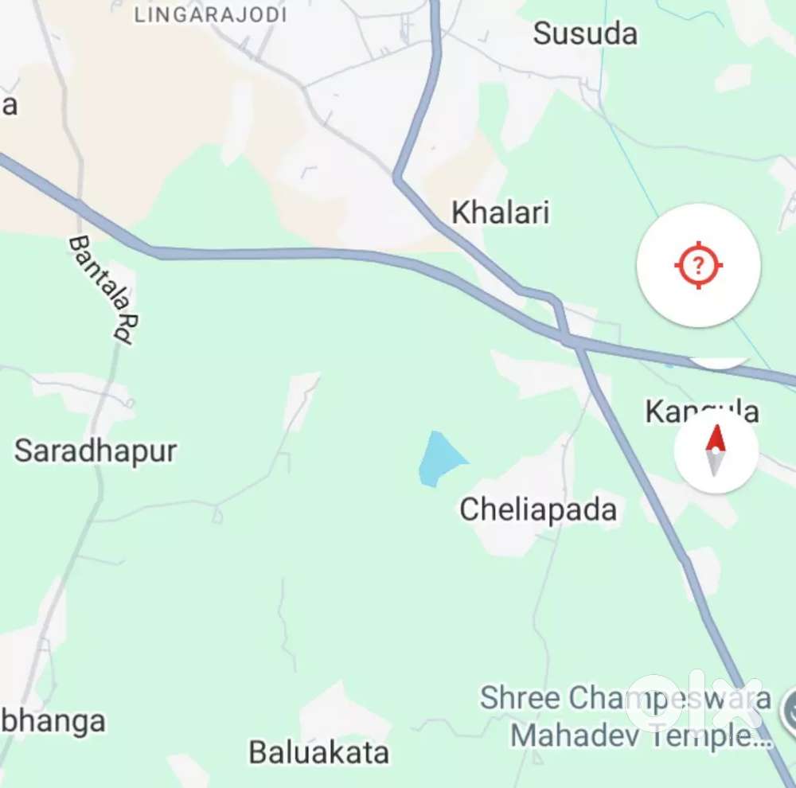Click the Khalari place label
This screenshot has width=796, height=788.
coord(501,213)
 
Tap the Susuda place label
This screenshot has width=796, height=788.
coord(585,33)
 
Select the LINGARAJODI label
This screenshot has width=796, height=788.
coord(211,14)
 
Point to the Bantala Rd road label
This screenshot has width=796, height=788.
coord(101,288)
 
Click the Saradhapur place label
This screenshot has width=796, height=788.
coord(96,451)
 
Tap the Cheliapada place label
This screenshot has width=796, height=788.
coord(538,509)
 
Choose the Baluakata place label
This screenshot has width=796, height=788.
coord(319,752)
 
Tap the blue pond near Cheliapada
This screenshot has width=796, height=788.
coord(439,459)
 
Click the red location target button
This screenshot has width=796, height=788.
coord(698,265)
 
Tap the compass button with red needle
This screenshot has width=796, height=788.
coord(716,451)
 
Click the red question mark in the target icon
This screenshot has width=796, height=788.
coord(698,265)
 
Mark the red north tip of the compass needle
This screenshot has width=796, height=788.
coord(716,438)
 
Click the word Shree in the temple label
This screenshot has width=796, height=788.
coord(520,698)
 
